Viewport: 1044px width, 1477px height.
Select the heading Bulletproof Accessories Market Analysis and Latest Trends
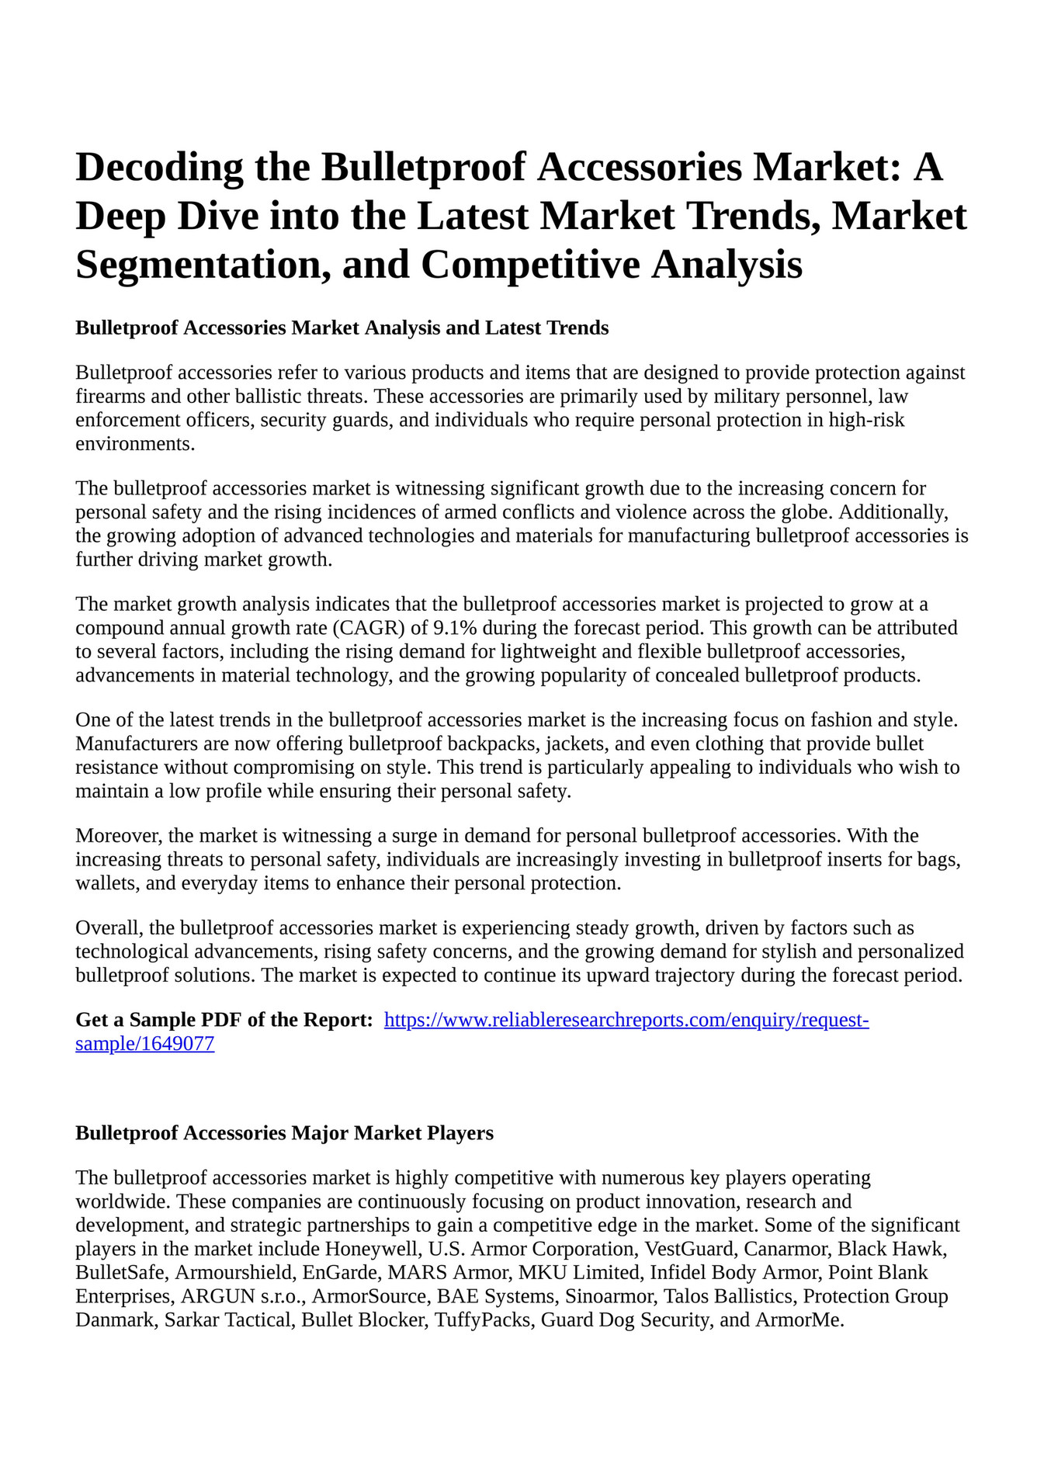click(342, 328)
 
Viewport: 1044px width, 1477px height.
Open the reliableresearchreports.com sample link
click(626, 1020)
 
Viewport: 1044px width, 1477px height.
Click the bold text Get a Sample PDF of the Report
click(224, 1020)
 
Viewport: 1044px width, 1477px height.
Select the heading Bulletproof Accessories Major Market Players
click(284, 1133)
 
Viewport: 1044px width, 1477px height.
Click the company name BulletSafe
click(122, 1273)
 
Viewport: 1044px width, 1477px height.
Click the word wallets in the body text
click(103, 883)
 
